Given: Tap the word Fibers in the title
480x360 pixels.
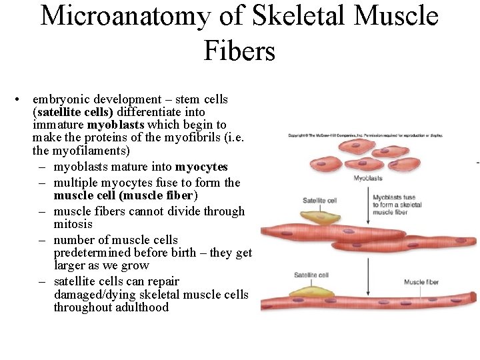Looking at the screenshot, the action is pyautogui.click(x=239, y=50).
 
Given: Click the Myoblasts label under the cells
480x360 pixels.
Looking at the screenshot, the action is pyautogui.click(x=367, y=179).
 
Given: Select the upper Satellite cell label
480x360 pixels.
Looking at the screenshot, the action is pyautogui.click(x=320, y=200).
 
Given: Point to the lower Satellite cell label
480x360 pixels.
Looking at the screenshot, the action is pyautogui.click(x=311, y=275).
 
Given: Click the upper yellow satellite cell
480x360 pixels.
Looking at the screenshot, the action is pyautogui.click(x=319, y=215).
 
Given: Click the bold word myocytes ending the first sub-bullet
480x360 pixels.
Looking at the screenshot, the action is pyautogui.click(x=201, y=167).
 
